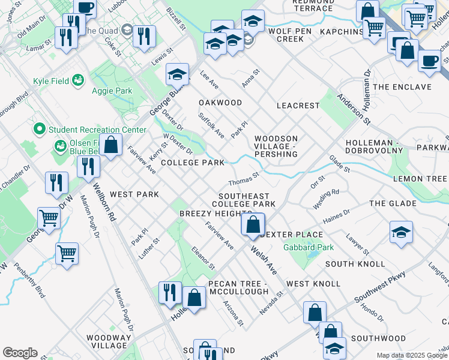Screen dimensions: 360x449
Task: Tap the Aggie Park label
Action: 111,91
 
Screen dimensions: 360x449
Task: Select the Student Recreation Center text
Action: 97,130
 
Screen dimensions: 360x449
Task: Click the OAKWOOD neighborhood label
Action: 220,103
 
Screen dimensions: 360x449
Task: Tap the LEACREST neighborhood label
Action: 298,106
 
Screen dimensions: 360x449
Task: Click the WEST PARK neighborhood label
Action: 134,194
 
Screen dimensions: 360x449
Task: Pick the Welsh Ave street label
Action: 264,259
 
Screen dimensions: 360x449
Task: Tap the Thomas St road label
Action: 243,179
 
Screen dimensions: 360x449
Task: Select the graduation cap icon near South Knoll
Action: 401,233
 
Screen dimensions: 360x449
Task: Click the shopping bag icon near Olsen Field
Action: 110,145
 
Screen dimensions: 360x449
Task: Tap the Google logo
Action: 20,353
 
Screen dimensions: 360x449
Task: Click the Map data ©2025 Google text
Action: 411,355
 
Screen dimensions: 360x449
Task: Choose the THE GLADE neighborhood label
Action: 393,203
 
